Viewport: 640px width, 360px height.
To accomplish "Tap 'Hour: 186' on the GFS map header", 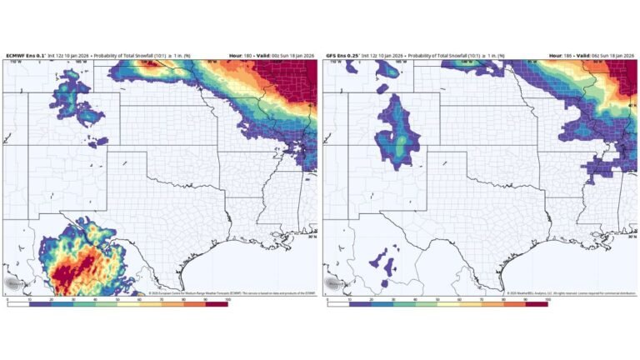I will (560, 56).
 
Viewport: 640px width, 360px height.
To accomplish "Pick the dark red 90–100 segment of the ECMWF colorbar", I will (217, 302).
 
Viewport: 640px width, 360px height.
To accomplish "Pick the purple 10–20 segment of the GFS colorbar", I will (360, 302).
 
